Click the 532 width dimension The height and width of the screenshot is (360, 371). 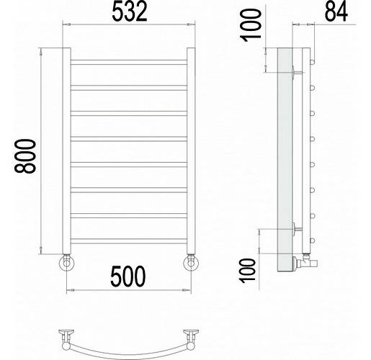pos(130,12)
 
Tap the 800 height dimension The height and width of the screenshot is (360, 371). pos(25,156)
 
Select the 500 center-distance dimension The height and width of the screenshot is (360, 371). pos(128,276)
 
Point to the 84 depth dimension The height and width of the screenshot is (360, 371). pos(336,12)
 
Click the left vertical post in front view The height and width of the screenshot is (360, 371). pos(66,150)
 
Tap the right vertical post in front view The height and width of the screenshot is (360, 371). pos(191,150)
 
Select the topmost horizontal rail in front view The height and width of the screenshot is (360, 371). pos(129,63)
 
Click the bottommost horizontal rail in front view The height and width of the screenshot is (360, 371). pos(129,241)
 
